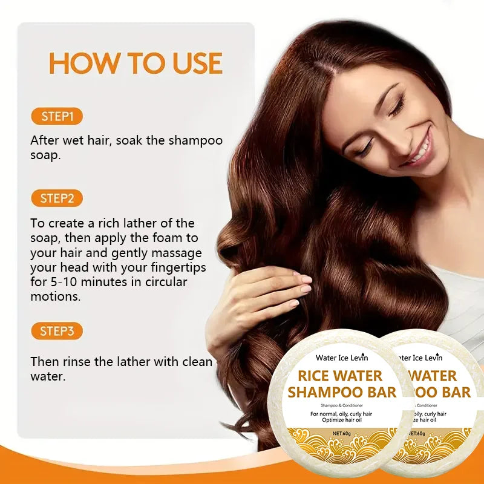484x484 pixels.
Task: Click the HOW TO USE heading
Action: pyautogui.click(x=136, y=64)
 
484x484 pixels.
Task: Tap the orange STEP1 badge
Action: pyautogui.click(x=57, y=116)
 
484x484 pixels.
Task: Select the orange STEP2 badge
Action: pyautogui.click(x=57, y=198)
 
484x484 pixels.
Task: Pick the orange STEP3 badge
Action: pyautogui.click(x=57, y=331)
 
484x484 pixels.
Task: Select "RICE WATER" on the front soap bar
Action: pyautogui.click(x=340, y=376)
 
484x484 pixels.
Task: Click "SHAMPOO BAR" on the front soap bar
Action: pyautogui.click(x=342, y=392)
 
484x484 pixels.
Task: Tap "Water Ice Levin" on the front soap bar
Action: pyautogui.click(x=341, y=358)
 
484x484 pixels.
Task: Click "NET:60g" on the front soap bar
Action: pyautogui.click(x=342, y=434)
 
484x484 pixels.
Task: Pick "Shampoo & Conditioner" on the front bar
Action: pyautogui.click(x=341, y=405)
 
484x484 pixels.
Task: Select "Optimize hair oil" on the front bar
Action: pyautogui.click(x=341, y=422)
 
